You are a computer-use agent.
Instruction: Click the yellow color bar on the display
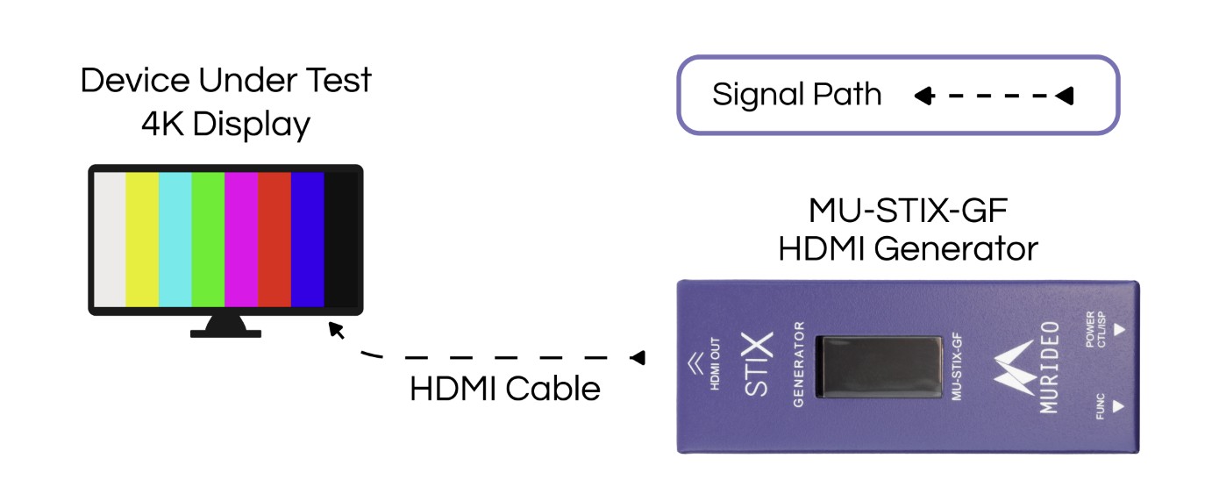(142, 240)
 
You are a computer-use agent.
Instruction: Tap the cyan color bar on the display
(175, 240)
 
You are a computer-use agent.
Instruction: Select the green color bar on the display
(208, 240)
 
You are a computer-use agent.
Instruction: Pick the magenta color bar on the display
(241, 240)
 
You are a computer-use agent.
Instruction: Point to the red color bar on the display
(274, 240)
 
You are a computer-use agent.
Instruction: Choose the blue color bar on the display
(307, 240)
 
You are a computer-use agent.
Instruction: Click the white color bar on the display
(110, 240)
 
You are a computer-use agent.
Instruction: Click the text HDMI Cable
(505, 387)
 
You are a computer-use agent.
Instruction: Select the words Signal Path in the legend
(796, 94)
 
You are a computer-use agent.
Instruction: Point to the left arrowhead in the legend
(921, 96)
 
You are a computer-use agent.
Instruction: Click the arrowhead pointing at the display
(334, 329)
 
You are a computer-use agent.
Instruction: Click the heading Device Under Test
(225, 81)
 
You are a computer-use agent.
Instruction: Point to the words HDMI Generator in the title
(908, 248)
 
